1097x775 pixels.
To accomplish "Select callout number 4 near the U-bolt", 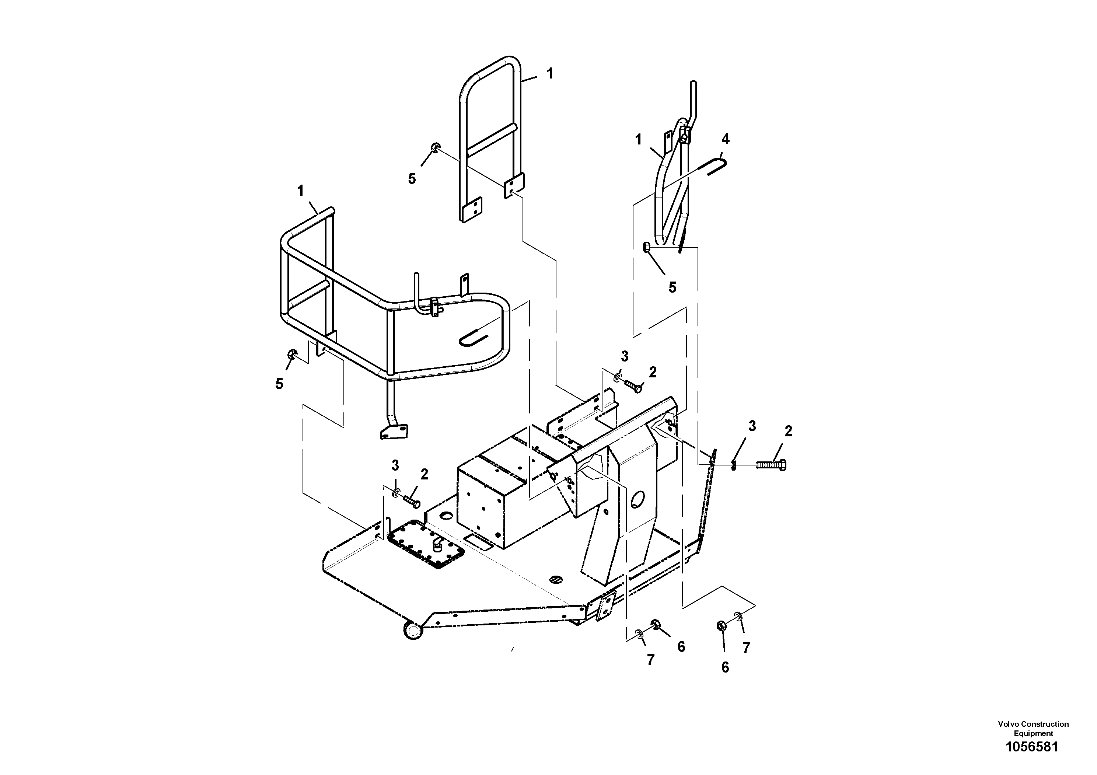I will click(725, 139).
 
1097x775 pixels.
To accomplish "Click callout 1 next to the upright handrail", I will click(550, 74).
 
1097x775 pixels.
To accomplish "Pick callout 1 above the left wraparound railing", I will click(301, 191).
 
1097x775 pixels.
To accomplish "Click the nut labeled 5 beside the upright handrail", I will click(435, 148).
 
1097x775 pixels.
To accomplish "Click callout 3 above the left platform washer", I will click(395, 465).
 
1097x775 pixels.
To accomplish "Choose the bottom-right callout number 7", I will click(746, 648).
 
